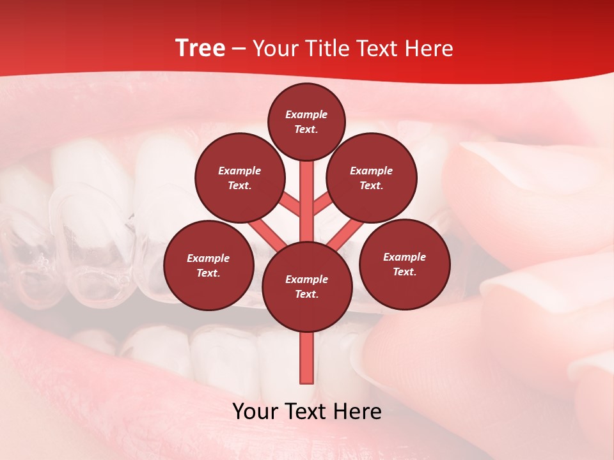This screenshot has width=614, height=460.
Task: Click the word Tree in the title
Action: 200,49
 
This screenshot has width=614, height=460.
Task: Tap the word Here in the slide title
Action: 429,49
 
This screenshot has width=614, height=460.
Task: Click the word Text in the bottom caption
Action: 307,411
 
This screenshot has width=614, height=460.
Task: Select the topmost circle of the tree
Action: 306,121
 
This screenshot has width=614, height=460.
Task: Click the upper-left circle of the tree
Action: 239,178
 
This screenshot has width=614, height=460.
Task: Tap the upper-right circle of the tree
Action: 372,178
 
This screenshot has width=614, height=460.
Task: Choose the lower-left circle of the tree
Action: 209,265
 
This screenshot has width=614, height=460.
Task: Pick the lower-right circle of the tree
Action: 404,264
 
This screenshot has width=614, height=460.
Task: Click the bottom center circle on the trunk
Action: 307,286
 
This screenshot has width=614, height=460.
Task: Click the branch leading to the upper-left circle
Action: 290,204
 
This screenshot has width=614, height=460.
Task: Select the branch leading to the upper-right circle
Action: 324,204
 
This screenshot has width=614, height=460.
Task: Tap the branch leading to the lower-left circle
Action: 267,234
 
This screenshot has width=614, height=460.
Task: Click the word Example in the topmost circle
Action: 306,115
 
